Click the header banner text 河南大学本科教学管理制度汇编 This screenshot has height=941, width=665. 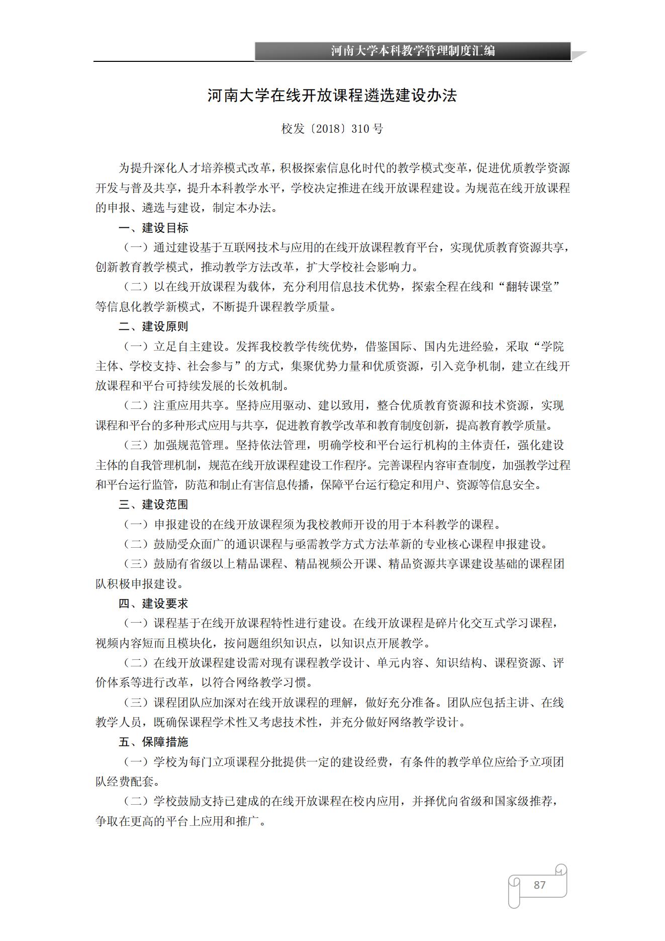(x=413, y=51)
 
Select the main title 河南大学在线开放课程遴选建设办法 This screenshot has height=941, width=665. (x=332, y=96)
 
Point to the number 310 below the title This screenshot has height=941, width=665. (x=360, y=129)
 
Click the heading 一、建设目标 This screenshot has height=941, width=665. (x=153, y=228)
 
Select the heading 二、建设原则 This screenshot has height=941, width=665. (x=153, y=326)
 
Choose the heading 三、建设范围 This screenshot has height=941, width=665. (x=153, y=504)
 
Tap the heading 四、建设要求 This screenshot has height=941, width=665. (x=153, y=604)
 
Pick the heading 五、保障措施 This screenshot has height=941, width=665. (x=153, y=742)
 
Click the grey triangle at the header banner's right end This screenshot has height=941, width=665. (x=579, y=55)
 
